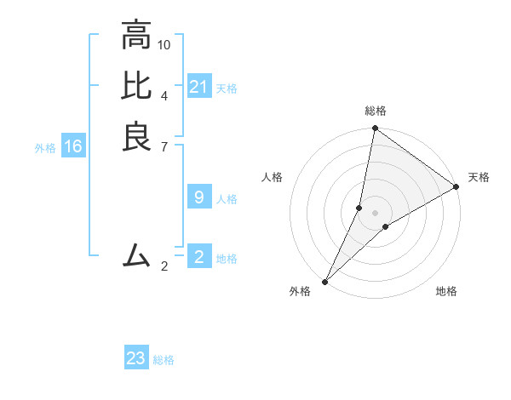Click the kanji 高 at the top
coord(136,35)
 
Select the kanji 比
coord(136,85)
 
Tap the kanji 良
coord(136,136)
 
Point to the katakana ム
coord(136,254)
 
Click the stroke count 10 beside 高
coord(164,44)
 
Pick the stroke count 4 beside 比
coord(164,94)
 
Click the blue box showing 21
coord(199,87)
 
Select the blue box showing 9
coord(199,197)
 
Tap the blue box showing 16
coord(73,146)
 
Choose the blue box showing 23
coord(136,358)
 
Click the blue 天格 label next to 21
coord(227,88)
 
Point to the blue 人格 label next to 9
coord(227,199)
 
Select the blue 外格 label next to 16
coord(45,148)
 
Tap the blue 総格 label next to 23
coord(164,360)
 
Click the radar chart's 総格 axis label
coord(376,111)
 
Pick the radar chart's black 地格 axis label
coord(446,292)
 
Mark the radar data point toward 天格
coord(456,187)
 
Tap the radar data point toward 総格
coord(375,129)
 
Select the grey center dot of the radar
coord(375,213)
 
